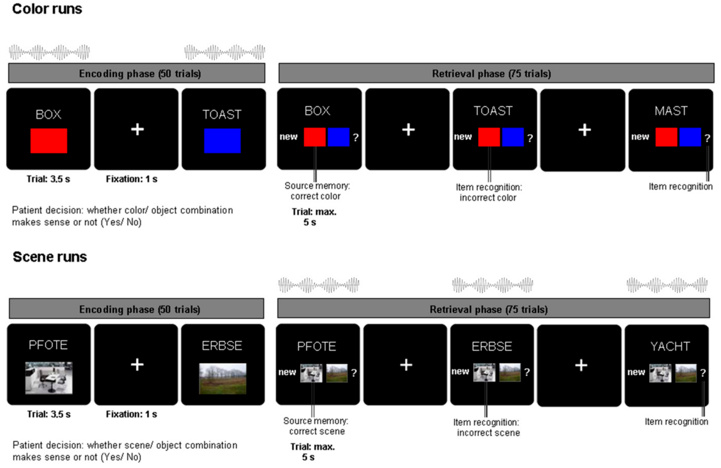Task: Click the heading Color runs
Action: click(47, 9)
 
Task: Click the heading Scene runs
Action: click(50, 257)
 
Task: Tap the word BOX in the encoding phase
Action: click(49, 115)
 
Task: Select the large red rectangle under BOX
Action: click(49, 141)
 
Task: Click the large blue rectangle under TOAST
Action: click(222, 141)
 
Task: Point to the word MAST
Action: click(671, 111)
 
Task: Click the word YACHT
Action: click(670, 346)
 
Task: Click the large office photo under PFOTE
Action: click(49, 378)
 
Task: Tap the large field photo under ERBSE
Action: click(223, 379)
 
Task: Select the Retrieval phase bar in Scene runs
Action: click(493, 308)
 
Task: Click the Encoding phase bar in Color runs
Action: click(137, 73)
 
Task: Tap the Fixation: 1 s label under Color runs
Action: click(131, 179)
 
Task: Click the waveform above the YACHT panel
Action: click(667, 285)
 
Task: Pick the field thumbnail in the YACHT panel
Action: click(686, 373)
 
